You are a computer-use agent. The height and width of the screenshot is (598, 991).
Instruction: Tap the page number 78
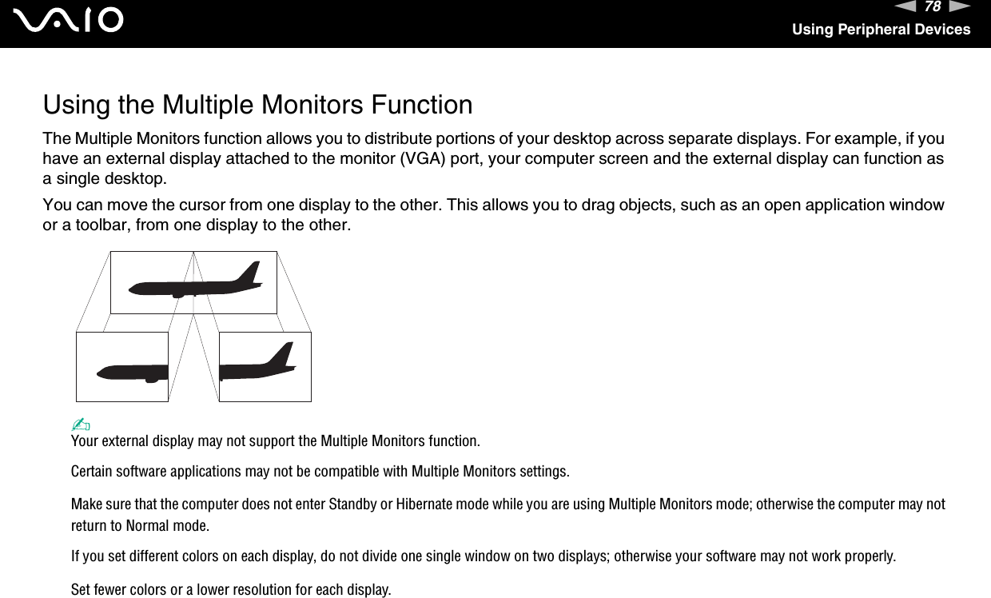(x=932, y=7)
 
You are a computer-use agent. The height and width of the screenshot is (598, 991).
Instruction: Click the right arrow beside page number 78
(x=960, y=7)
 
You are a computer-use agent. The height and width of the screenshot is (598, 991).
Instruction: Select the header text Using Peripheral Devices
(x=881, y=30)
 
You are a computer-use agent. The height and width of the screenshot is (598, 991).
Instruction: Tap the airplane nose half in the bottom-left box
(x=132, y=372)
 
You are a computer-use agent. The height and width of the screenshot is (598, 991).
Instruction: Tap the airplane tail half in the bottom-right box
(x=258, y=364)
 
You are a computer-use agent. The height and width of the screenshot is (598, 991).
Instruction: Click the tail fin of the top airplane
(x=251, y=273)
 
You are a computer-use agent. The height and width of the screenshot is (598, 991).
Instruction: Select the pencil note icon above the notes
(x=79, y=425)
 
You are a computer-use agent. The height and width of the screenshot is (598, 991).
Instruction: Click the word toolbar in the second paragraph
(x=89, y=225)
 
